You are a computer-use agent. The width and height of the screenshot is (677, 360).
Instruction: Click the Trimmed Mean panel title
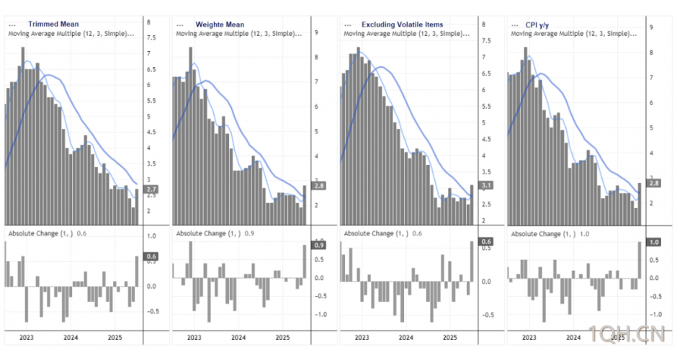[x=53, y=24]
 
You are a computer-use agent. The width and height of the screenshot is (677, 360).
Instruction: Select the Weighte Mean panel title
[x=220, y=24]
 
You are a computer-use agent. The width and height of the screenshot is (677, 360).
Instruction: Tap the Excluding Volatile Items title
[x=403, y=24]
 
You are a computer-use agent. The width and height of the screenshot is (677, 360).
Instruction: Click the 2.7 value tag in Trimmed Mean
[x=151, y=190]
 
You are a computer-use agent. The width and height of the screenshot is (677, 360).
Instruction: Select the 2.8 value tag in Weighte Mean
[x=319, y=186]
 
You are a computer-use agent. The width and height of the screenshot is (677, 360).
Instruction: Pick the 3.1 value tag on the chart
[x=487, y=185]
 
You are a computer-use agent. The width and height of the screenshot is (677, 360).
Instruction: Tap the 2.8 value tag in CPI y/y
[x=654, y=183]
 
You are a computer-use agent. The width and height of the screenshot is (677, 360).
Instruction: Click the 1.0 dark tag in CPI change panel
[x=654, y=242]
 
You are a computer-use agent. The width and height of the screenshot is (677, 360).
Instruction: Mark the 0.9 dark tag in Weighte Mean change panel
[x=318, y=245]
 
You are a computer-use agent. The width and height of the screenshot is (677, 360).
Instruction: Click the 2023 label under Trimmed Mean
[x=27, y=336]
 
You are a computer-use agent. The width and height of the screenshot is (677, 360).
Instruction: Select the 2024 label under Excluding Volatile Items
[x=406, y=336]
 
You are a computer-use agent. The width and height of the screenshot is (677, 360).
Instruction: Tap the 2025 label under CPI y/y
[x=617, y=336]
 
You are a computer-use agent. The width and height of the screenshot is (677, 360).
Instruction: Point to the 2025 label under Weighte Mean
[x=282, y=336]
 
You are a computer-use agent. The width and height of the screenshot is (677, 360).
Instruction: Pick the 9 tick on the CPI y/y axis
[x=651, y=27]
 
